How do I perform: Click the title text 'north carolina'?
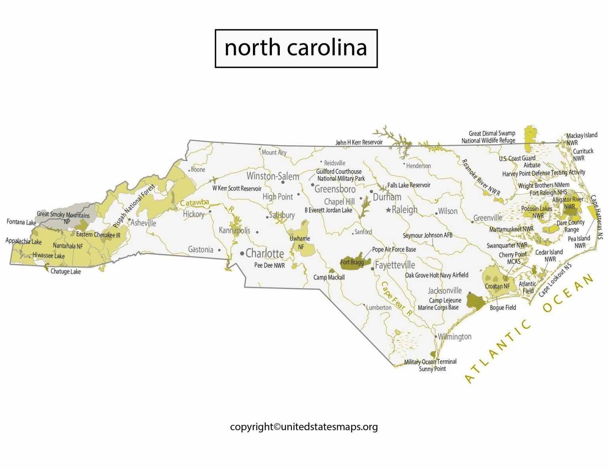[x=296, y=48]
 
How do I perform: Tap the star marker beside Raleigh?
[x=388, y=210]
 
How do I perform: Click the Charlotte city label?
[x=264, y=253]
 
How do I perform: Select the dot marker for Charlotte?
[x=242, y=253]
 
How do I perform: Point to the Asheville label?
[x=143, y=223]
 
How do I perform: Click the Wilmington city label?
[x=454, y=337]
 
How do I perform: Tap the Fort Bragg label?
[x=352, y=262]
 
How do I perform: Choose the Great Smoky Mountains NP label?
[x=63, y=218]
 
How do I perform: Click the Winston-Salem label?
[x=273, y=176]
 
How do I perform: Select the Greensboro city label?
[x=335, y=189]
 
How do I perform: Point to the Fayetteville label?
[x=395, y=265]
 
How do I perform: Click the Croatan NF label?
[x=497, y=286]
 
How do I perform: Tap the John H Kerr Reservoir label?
[x=359, y=142]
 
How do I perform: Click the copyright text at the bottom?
[x=304, y=427]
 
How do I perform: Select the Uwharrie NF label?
[x=300, y=242]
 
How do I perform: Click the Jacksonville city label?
[x=445, y=291]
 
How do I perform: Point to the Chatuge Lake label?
[x=65, y=272]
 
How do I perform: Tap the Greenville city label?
[x=488, y=218]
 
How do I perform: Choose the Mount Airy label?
[x=274, y=152]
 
